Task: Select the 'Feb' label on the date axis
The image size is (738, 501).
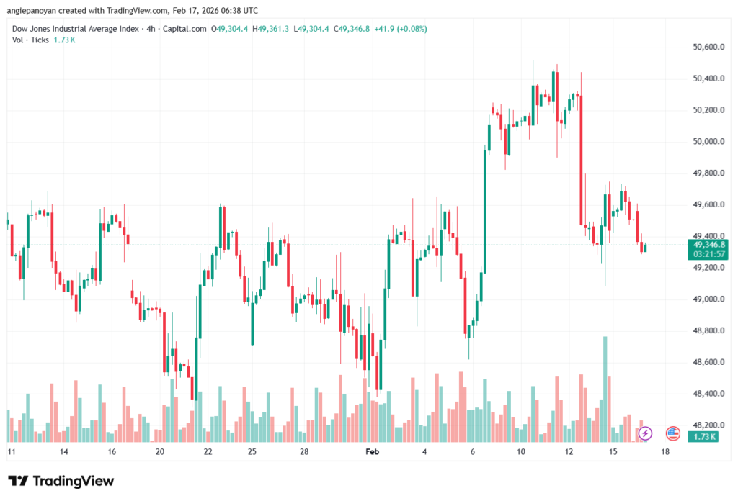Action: pyautogui.click(x=372, y=452)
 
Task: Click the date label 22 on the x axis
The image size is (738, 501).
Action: pyautogui.click(x=208, y=452)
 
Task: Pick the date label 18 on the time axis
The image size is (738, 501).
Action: pyautogui.click(x=664, y=452)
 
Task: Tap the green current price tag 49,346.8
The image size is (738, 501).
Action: pyautogui.click(x=707, y=245)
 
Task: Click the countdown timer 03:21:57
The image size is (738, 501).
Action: pyautogui.click(x=707, y=254)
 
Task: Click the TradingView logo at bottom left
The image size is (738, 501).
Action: pyautogui.click(x=61, y=481)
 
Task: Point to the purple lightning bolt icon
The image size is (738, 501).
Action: pyautogui.click(x=645, y=433)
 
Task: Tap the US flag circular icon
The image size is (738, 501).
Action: pyautogui.click(x=673, y=433)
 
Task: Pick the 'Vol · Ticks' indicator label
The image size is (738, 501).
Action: pyautogui.click(x=31, y=40)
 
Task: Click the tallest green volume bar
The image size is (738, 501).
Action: pyautogui.click(x=605, y=389)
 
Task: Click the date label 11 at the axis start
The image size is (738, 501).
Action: pyautogui.click(x=12, y=452)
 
